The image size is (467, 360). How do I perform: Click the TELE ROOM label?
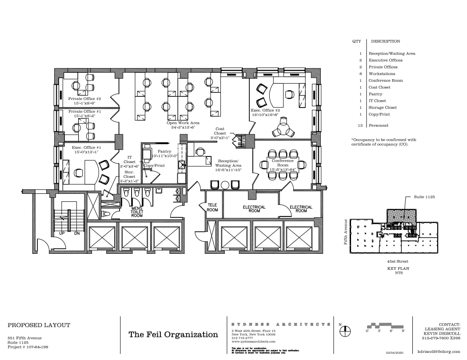(x=212, y=208)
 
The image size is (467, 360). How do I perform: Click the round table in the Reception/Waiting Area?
(x=225, y=185)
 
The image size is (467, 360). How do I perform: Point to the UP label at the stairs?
(x=57, y=233)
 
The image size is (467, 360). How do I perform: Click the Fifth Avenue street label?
(x=345, y=231)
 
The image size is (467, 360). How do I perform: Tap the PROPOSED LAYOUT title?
(x=39, y=325)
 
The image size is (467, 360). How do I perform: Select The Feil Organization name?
(x=173, y=334)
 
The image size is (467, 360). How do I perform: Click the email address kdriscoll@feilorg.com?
(x=439, y=351)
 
